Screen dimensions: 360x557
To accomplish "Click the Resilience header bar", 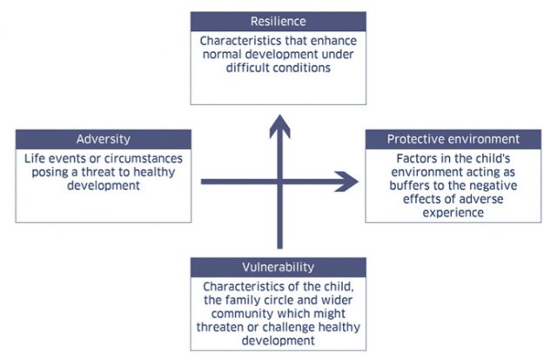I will click(278, 21).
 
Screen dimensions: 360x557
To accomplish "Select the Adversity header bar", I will click(102, 139).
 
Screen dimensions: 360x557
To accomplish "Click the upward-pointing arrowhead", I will click(278, 126).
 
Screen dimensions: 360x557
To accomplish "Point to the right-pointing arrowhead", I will click(347, 182).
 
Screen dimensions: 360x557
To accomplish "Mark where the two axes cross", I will click(278, 182).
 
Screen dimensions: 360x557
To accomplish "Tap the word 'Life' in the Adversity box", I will click(38, 158).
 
